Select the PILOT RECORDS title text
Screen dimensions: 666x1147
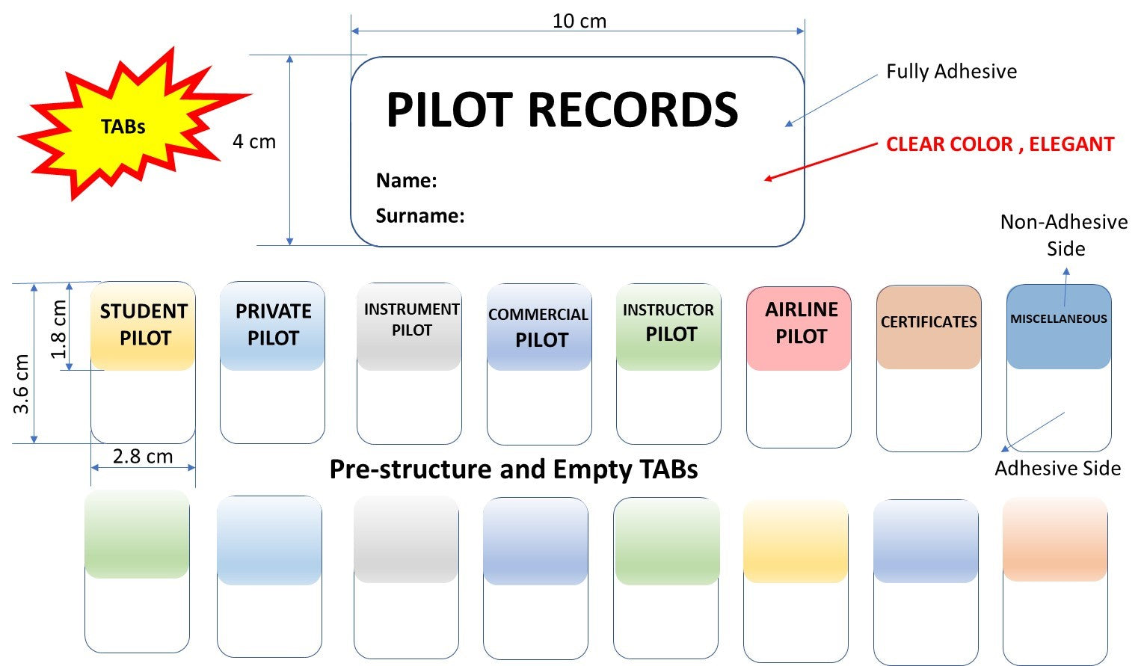click(562, 111)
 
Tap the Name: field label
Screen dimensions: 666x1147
click(406, 181)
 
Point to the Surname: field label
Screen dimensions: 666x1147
click(419, 216)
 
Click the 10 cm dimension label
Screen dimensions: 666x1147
click(579, 21)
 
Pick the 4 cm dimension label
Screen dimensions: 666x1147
click(254, 141)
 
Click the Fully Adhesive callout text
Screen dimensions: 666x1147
click(951, 72)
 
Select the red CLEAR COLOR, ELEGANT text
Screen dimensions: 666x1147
click(1000, 144)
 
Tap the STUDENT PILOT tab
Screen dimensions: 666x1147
click(143, 325)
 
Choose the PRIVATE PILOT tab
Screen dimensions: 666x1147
click(273, 325)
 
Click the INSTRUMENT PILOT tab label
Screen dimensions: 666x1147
click(410, 320)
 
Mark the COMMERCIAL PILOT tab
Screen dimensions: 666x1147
click(539, 327)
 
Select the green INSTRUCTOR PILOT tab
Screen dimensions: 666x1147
click(668, 324)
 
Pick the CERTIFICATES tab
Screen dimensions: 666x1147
click(929, 323)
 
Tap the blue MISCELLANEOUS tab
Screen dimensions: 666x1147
click(1058, 320)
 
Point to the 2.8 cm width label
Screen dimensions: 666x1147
click(143, 456)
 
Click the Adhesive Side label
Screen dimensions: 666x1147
click(1057, 469)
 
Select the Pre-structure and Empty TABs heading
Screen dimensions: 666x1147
click(514, 469)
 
